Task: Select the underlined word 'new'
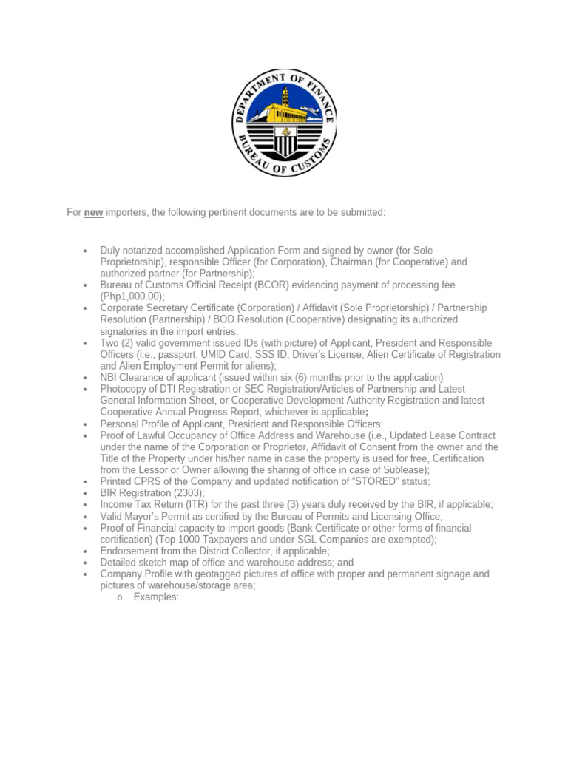(93, 212)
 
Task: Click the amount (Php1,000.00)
(131, 296)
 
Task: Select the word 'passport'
(189, 354)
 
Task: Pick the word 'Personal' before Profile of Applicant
(119, 424)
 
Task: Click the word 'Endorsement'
(129, 551)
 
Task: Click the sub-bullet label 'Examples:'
(156, 597)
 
